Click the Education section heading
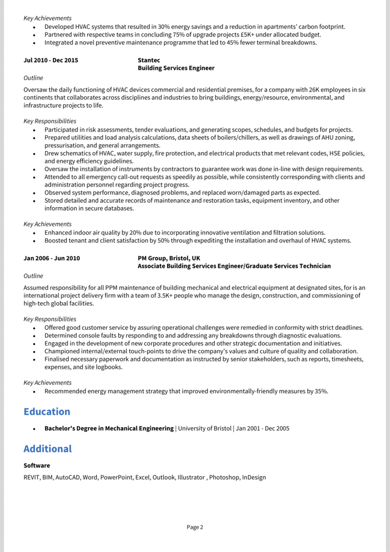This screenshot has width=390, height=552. click(x=47, y=412)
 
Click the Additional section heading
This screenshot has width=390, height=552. click(x=47, y=448)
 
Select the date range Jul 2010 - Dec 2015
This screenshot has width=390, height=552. click(x=51, y=60)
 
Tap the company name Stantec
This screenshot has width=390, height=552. click(x=149, y=60)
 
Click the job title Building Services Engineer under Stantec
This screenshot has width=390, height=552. click(x=176, y=68)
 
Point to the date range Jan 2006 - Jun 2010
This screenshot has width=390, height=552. click(x=51, y=258)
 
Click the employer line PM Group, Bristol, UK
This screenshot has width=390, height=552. click(x=168, y=258)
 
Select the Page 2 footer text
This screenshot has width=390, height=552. click(x=195, y=527)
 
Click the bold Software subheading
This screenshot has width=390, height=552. click(x=37, y=465)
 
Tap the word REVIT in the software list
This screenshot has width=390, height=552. click(x=31, y=477)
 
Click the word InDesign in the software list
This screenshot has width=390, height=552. click(x=254, y=477)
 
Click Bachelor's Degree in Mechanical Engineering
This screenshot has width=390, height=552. click(x=109, y=429)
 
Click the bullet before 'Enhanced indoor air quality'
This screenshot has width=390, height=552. click(x=34, y=233)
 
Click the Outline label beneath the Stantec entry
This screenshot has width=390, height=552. click(x=33, y=78)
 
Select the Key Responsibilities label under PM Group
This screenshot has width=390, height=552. click(x=50, y=319)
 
